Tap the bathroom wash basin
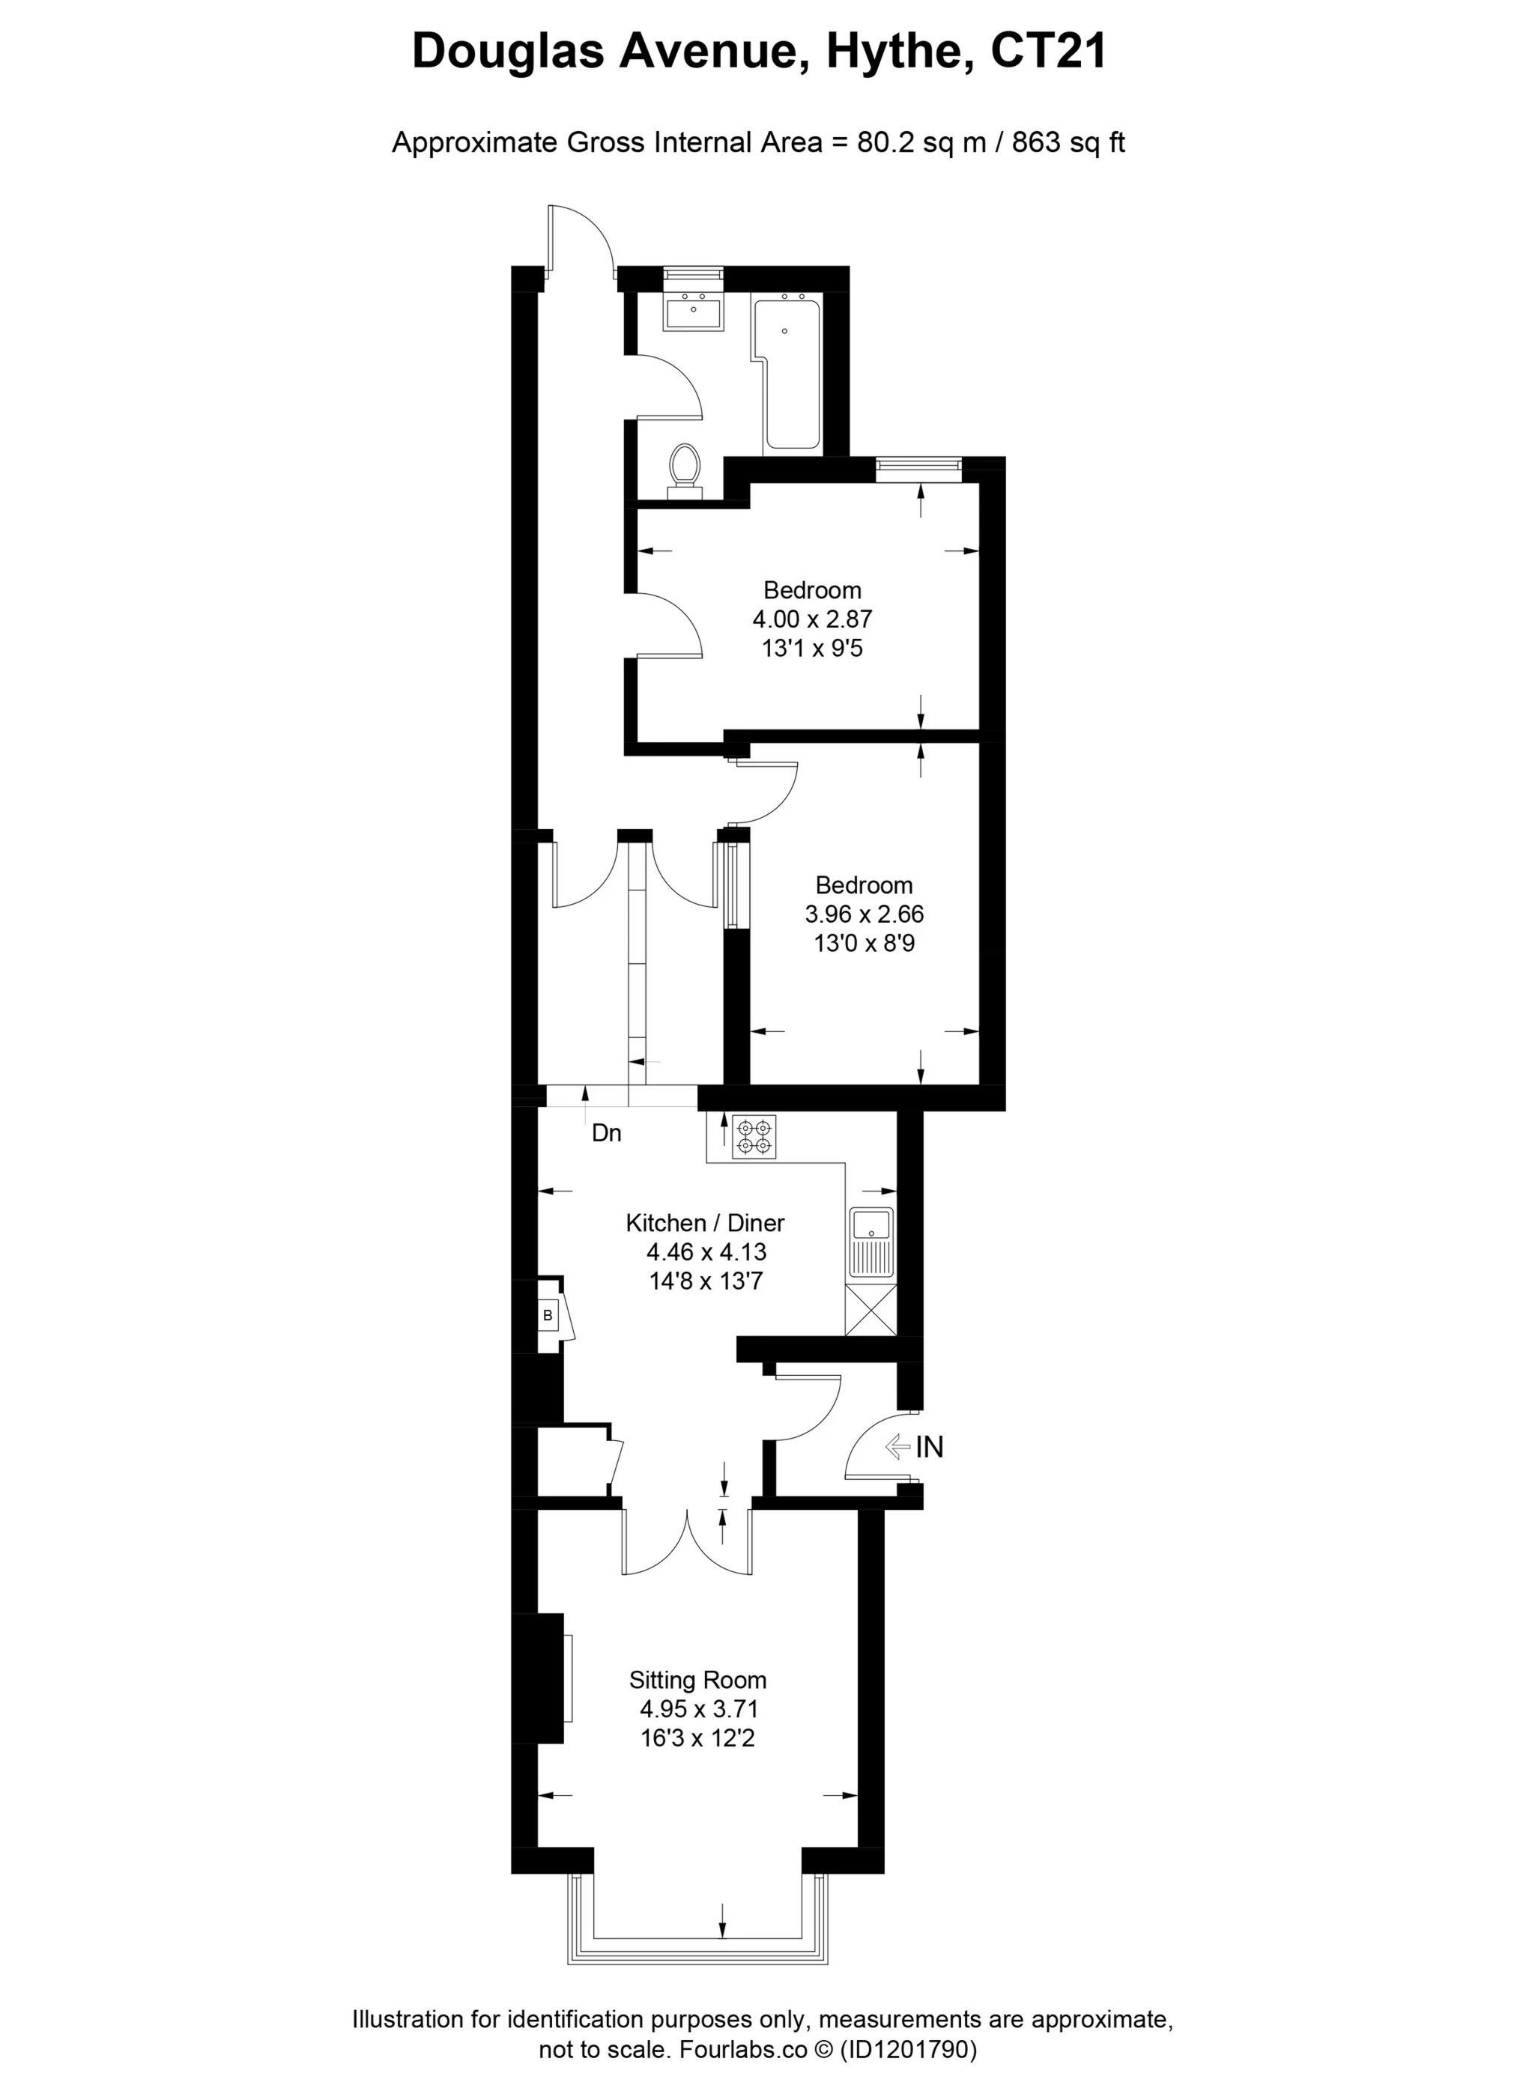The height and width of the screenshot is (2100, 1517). tap(693, 311)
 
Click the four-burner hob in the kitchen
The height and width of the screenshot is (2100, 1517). tap(753, 1137)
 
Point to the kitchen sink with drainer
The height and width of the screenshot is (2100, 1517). tap(871, 1243)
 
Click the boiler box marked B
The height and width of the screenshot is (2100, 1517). tap(548, 1315)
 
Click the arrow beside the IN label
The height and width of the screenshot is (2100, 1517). tap(897, 1446)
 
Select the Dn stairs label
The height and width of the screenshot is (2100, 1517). tap(607, 1133)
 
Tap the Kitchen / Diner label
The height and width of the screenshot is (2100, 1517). tap(705, 1223)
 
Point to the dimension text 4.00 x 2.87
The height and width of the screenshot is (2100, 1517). tap(811, 619)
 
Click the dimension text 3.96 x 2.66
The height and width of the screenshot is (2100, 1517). tap(864, 914)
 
